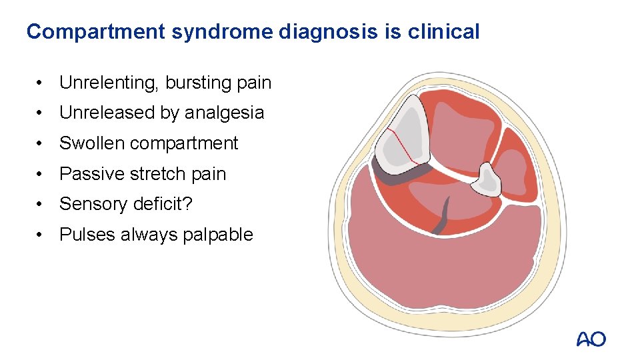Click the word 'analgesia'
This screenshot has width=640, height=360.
pos(224,113)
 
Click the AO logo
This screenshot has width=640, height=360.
pos(591,339)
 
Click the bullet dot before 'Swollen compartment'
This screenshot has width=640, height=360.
pos(41,143)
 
